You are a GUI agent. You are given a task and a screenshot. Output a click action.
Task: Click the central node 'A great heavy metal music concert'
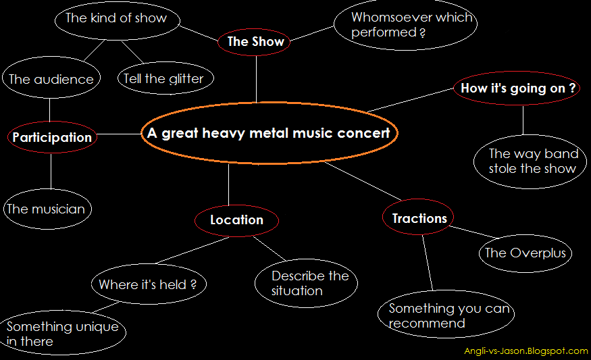pyautogui.click(x=269, y=133)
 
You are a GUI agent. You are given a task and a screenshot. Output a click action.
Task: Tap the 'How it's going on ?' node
pyautogui.click(x=517, y=88)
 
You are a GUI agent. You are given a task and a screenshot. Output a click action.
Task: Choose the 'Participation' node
pyautogui.click(x=52, y=138)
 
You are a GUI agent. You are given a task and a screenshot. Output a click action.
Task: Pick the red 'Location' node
pyautogui.click(x=236, y=220)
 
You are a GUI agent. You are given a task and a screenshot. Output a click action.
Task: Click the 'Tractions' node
pyautogui.click(x=419, y=219)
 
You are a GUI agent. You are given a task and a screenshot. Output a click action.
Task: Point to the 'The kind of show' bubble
pyautogui.click(x=115, y=18)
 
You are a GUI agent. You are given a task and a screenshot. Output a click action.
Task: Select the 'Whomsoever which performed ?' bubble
pyautogui.click(x=405, y=24)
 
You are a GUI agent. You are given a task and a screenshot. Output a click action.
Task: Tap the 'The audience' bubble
pyautogui.click(x=51, y=80)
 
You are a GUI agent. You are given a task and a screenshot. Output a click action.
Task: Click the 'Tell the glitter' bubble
pyautogui.click(x=163, y=79)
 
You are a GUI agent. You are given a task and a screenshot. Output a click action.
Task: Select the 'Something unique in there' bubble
pyautogui.click(x=62, y=334)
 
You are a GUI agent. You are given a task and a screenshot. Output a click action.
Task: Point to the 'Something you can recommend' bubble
pyautogui.click(x=449, y=315)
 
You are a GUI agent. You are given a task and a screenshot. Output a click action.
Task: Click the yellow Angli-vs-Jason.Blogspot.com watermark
pyautogui.click(x=525, y=351)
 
